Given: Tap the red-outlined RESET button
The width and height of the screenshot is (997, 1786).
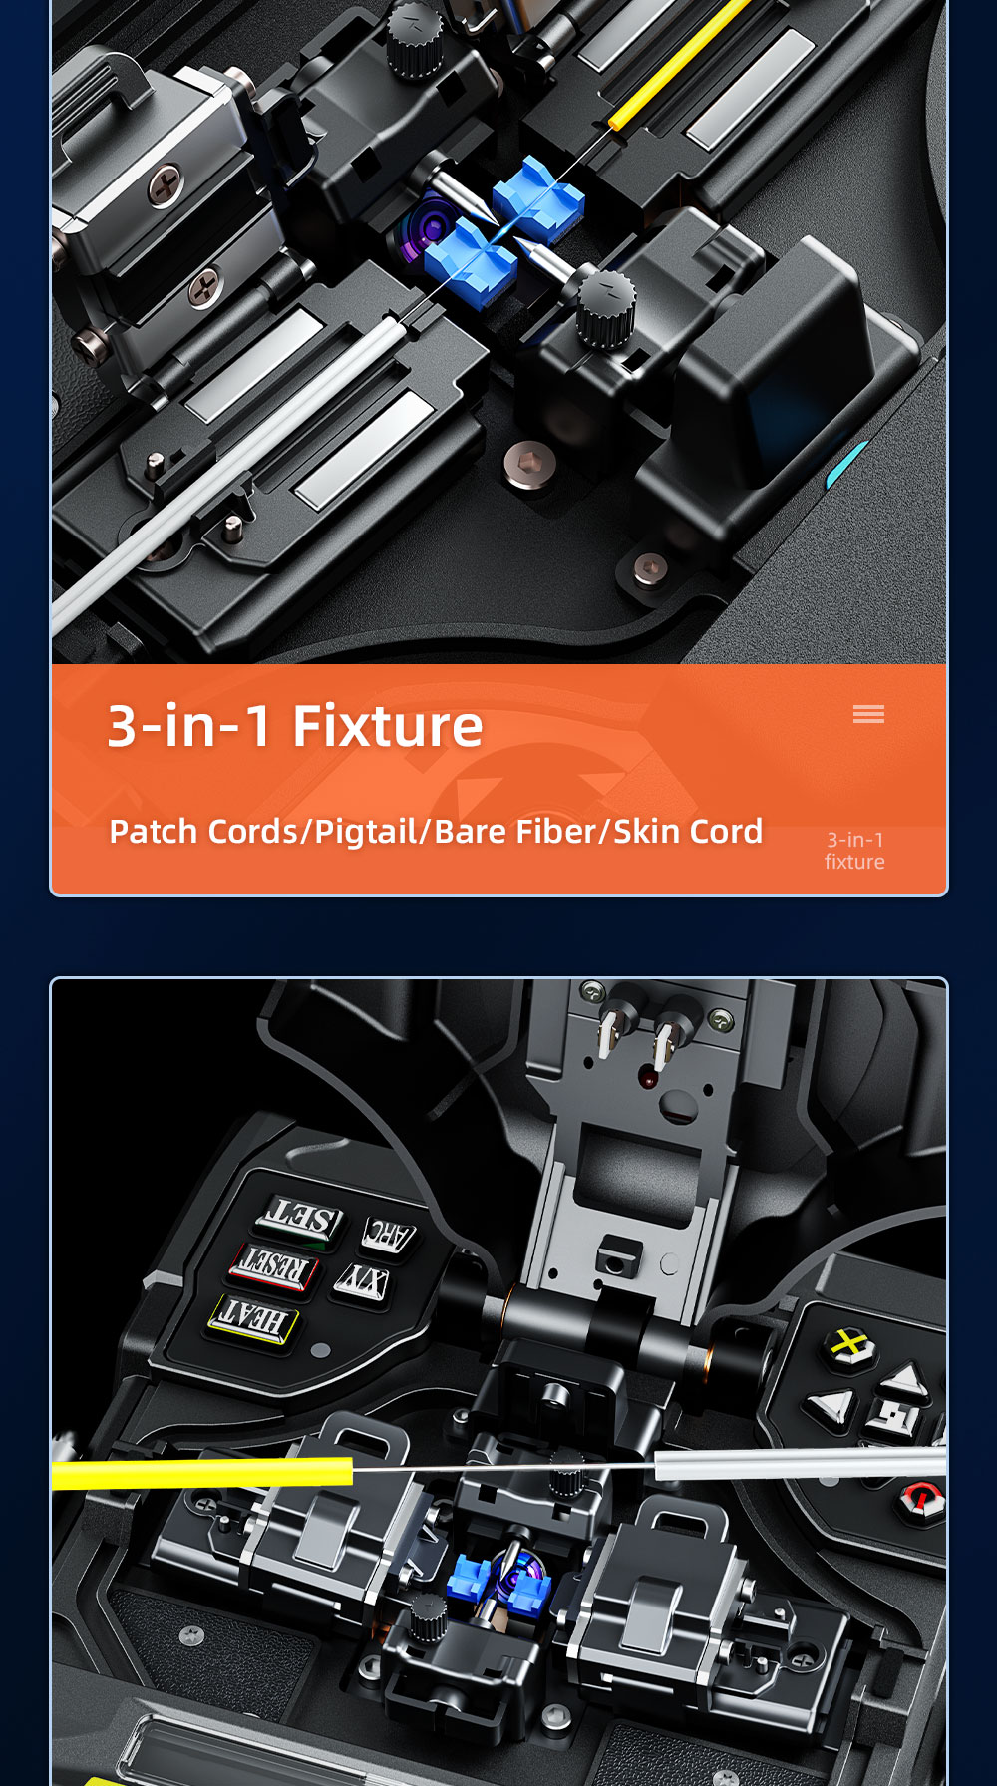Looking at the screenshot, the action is pos(272,1266).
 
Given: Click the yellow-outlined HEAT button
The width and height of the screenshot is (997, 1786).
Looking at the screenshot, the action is pos(253,1318).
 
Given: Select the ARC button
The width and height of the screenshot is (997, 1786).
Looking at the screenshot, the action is pos(388,1235).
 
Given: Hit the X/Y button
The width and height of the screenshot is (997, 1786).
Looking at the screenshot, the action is pos(362,1281).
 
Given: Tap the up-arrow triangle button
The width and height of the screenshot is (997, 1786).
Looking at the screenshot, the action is pos(906,1381).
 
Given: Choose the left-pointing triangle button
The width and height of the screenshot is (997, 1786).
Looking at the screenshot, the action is pos(830,1406).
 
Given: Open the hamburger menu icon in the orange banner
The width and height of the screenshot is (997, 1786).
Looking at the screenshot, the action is pos(868,714).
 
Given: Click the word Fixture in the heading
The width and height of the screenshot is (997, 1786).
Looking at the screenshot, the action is pos(388,725).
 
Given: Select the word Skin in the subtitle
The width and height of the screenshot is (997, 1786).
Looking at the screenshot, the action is pos(645,831).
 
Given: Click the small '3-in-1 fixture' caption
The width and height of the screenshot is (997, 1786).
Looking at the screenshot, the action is pos(854,851).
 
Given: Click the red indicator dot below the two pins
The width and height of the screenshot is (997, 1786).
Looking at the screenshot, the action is pos(648,1079).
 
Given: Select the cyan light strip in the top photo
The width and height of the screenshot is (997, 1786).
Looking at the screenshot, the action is pos(847,464).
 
